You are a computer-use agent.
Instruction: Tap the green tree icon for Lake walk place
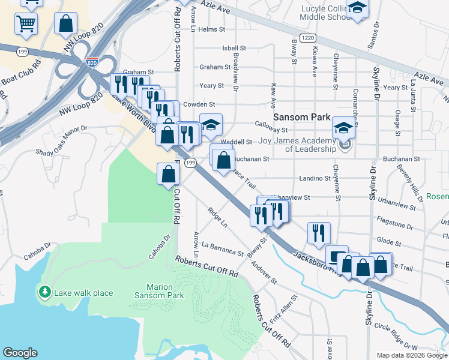[x=44, y=292]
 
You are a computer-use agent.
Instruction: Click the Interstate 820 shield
[x=92, y=62]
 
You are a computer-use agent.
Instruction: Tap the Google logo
[x=20, y=353]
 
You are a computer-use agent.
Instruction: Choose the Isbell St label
[x=234, y=48]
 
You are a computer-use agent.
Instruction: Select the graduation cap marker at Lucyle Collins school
[x=357, y=8]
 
